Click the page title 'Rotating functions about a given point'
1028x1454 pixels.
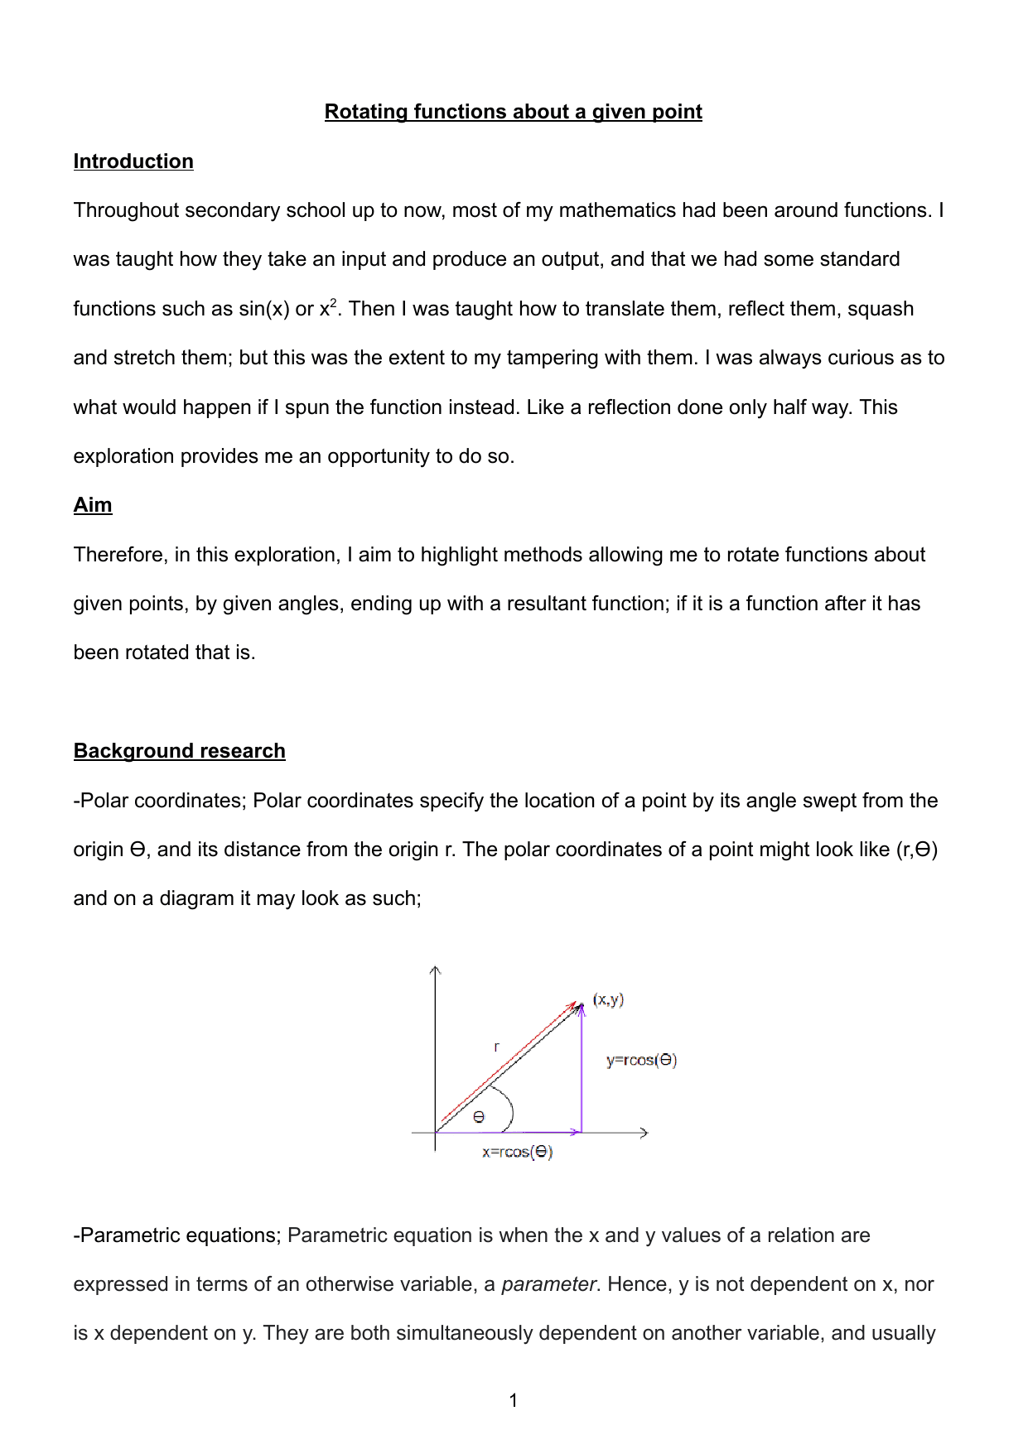(513, 112)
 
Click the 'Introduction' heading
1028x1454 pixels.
(133, 161)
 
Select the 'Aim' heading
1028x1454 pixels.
(93, 505)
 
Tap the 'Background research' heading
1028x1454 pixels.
(179, 751)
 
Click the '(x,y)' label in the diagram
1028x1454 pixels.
(608, 999)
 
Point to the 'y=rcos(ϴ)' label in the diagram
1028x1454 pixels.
(641, 1061)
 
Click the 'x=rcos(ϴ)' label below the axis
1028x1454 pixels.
(517, 1153)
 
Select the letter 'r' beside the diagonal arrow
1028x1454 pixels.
(496, 1047)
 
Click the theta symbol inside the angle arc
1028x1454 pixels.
(479, 1118)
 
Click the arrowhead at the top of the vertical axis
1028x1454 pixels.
(436, 970)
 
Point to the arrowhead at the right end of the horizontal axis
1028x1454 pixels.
(644, 1133)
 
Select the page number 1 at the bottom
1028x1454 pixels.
(514, 1400)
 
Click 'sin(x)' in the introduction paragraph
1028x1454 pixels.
(264, 309)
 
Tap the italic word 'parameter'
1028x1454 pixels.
(548, 1284)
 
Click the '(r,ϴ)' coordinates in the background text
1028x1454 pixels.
(916, 850)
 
